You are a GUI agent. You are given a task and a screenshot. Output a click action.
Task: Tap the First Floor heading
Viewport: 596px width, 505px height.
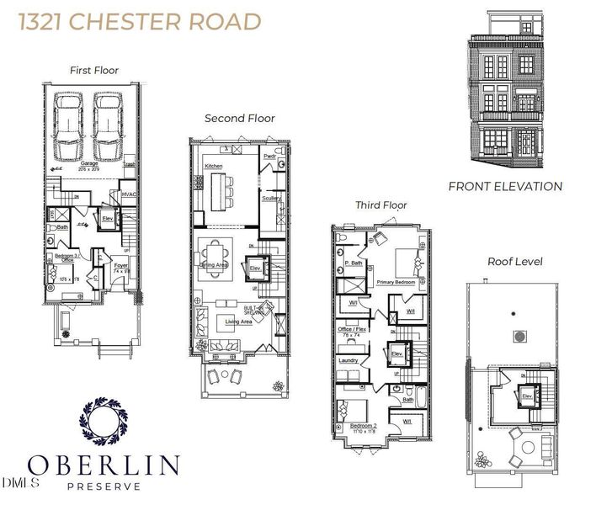point(95,71)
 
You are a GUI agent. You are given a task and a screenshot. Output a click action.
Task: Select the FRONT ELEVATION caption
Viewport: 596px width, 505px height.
point(505,187)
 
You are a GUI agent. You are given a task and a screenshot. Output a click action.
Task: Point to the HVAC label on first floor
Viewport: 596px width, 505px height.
point(129,194)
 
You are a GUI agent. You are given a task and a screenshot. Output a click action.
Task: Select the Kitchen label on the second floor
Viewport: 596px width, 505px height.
point(214,167)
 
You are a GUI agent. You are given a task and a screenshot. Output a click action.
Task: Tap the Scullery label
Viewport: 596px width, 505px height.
point(271,199)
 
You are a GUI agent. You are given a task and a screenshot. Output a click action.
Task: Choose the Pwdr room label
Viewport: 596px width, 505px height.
point(270,157)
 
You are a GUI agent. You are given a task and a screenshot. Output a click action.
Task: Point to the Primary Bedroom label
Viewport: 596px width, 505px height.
point(396,282)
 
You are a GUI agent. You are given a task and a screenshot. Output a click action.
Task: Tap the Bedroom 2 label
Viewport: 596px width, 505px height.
point(364,427)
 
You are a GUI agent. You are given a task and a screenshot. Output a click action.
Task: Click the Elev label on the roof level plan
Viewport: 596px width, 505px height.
point(527,396)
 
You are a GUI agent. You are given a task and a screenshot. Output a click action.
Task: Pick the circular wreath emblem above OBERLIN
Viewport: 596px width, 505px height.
point(103,423)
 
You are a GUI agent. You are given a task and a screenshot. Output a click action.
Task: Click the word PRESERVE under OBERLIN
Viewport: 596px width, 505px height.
point(103,486)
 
